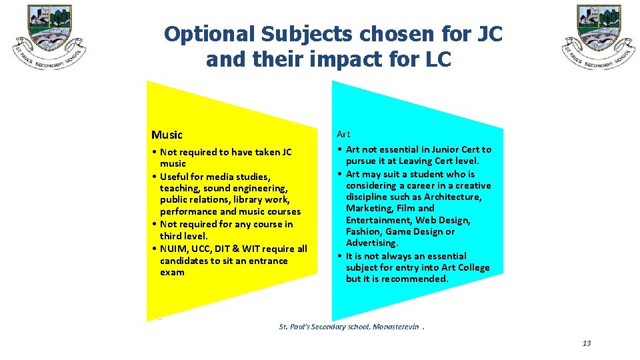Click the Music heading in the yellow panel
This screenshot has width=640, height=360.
[x=167, y=135]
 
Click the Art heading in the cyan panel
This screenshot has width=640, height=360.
[x=343, y=134]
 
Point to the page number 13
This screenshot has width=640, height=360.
[x=586, y=343]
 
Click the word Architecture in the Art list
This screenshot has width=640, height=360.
[x=452, y=197]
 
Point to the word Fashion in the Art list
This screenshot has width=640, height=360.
[x=364, y=232]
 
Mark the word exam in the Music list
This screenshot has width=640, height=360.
[x=172, y=272]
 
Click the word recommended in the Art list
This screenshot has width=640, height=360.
[x=418, y=279]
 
